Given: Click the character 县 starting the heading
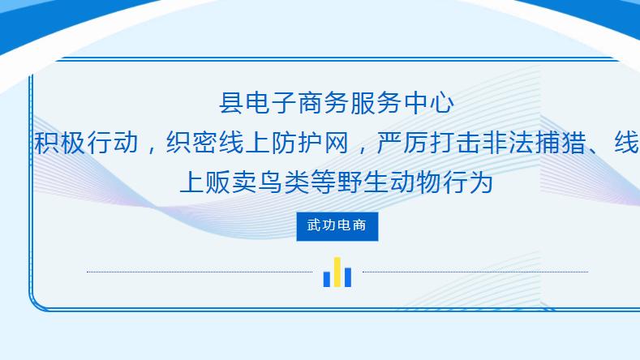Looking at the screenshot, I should (231, 104).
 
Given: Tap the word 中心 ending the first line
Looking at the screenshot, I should (427, 104).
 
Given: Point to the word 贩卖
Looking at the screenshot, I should (231, 182).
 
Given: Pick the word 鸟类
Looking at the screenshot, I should (283, 182).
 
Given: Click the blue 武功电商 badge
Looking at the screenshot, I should (337, 225).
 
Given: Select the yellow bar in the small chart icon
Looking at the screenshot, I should (337, 272).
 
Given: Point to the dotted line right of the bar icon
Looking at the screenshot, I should (475, 272).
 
